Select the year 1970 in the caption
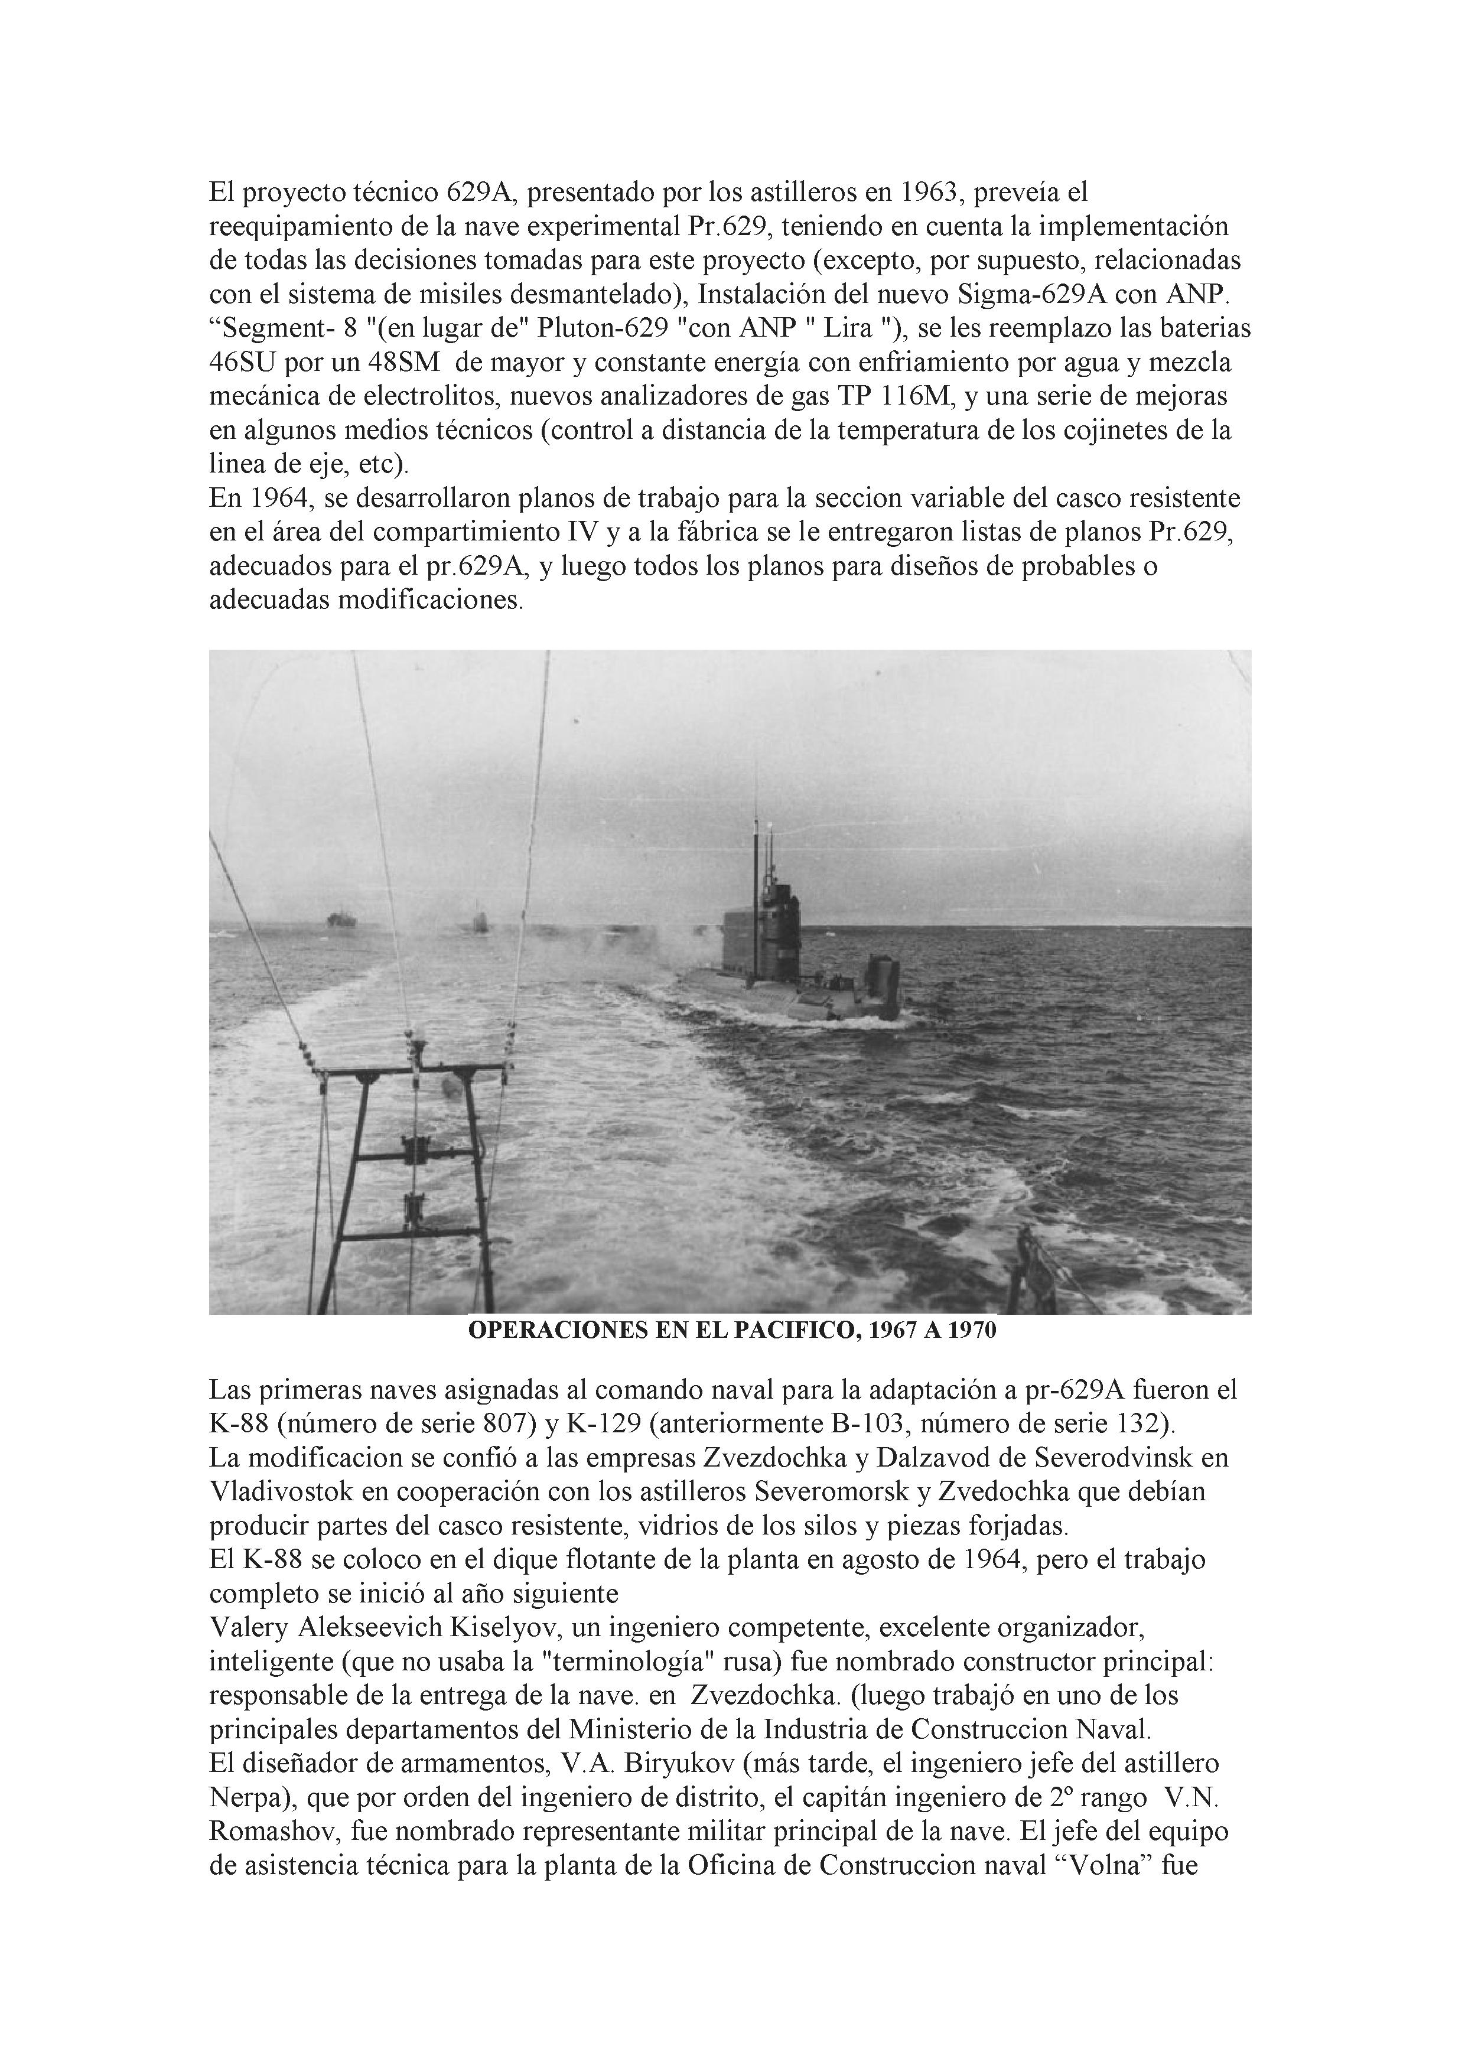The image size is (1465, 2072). point(971,1330)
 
